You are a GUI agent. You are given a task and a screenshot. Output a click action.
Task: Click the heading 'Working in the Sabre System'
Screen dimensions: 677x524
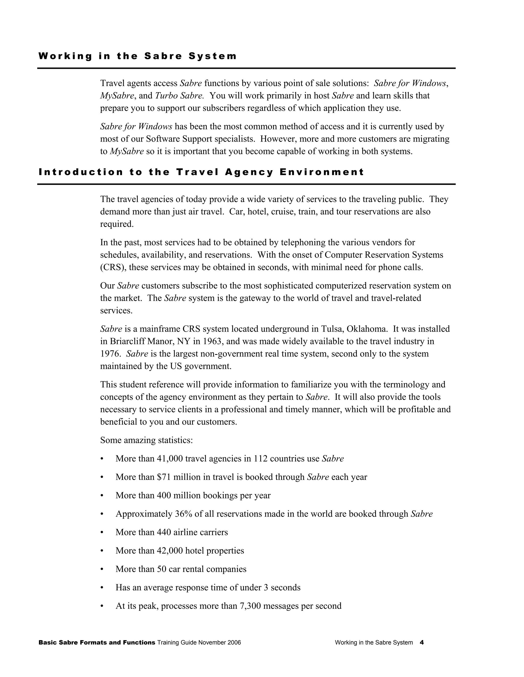(x=137, y=56)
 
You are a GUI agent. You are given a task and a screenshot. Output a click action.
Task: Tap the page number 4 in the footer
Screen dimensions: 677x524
(x=422, y=643)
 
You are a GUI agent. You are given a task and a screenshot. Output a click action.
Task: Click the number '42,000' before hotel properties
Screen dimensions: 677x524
(x=170, y=551)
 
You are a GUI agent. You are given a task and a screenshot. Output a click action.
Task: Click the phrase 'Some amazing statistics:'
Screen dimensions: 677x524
(x=146, y=440)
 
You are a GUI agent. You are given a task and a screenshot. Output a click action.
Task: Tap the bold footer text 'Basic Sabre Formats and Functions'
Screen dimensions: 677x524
(x=96, y=643)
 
